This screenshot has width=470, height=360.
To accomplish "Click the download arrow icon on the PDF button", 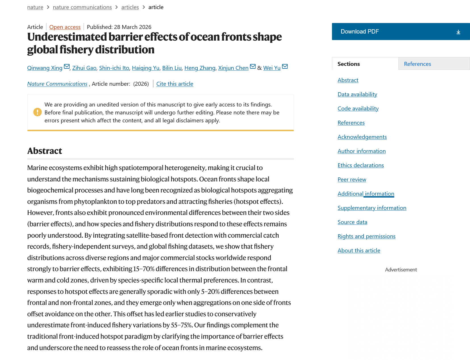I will pyautogui.click(x=458, y=32).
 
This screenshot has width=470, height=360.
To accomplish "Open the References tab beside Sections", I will pyautogui.click(x=417, y=64).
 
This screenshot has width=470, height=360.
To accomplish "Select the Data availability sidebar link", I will pyautogui.click(x=357, y=94).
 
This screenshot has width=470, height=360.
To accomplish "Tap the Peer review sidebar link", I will pyautogui.click(x=352, y=179).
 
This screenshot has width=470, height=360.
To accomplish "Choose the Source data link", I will pyautogui.click(x=352, y=222).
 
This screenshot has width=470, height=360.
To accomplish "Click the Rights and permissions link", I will pyautogui.click(x=366, y=236).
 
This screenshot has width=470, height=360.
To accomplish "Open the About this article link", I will pyautogui.click(x=359, y=250).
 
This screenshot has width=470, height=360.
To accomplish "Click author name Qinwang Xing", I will pyautogui.click(x=45, y=68).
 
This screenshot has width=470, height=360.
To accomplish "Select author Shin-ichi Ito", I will pyautogui.click(x=114, y=68).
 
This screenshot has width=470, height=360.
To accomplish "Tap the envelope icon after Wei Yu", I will pyautogui.click(x=285, y=67).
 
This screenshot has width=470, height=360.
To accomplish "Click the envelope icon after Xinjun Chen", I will pyautogui.click(x=253, y=67).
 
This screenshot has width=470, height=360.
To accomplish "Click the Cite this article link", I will pyautogui.click(x=175, y=84).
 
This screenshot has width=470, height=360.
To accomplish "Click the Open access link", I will pyautogui.click(x=65, y=27).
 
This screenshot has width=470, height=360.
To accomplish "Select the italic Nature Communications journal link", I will pyautogui.click(x=57, y=84).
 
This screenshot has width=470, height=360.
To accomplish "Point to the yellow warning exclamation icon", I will pyautogui.click(x=37, y=112).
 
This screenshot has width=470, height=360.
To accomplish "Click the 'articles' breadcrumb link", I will pyautogui.click(x=130, y=7).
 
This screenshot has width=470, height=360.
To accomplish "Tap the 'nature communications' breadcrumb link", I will pyautogui.click(x=82, y=7).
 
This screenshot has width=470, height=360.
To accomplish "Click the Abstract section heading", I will pyautogui.click(x=45, y=151).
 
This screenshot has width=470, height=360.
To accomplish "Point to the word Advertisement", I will pyautogui.click(x=401, y=270).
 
